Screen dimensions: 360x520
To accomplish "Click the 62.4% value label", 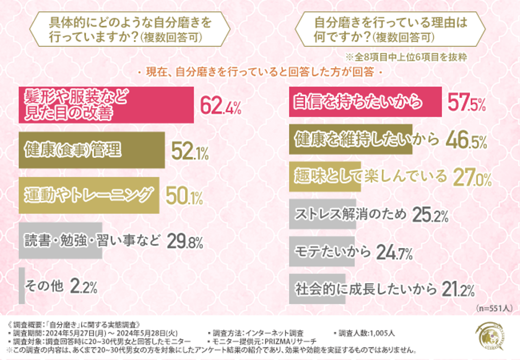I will [x=220, y=106].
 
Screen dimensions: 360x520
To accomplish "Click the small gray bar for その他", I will [x=22, y=286].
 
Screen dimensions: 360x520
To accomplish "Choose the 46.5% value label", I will [x=468, y=141].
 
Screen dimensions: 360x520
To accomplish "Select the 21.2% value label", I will [x=456, y=289].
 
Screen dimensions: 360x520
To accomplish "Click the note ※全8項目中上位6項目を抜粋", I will [x=419, y=57].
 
